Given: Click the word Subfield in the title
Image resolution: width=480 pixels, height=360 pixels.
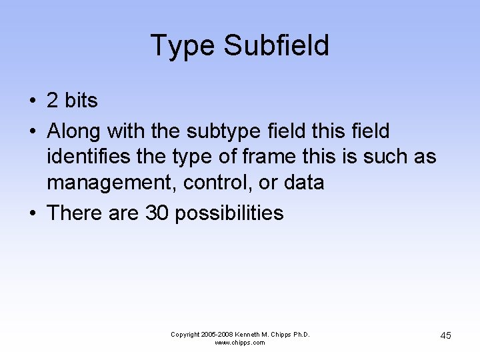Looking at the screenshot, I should click(x=277, y=45).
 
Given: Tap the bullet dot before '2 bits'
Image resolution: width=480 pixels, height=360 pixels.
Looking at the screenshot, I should click(x=33, y=101).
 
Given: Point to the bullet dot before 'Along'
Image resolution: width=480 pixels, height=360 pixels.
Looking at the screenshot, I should click(x=33, y=132).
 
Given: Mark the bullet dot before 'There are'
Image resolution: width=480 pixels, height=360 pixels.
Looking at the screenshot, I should click(x=33, y=213).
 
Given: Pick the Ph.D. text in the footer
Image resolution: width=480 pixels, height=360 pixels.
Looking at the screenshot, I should click(x=300, y=335).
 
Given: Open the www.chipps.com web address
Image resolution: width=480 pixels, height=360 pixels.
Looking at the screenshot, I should click(x=240, y=343).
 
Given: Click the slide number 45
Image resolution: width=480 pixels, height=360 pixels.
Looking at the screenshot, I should click(x=445, y=335).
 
